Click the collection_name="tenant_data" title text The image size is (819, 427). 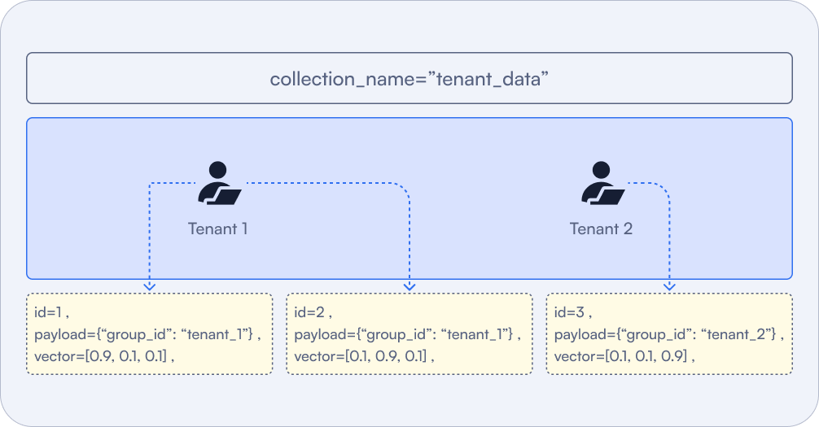[409, 79]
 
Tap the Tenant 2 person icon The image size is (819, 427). [602, 184]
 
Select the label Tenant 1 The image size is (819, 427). [217, 229]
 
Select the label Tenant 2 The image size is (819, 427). [601, 229]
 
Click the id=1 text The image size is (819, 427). [50, 312]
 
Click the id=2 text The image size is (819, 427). [311, 312]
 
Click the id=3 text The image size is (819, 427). [571, 312]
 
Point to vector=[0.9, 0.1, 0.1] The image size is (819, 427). [104, 356]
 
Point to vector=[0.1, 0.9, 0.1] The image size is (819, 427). [365, 356]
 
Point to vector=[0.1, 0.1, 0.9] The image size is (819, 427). [624, 356]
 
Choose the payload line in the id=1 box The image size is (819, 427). [147, 334]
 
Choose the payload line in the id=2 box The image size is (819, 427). [407, 334]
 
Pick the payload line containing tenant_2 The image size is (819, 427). [668, 334]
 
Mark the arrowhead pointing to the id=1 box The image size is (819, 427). [149, 285]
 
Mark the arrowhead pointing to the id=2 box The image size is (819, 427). [409, 285]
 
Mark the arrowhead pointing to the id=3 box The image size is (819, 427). [670, 285]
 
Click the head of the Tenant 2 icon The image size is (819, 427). [601, 170]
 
